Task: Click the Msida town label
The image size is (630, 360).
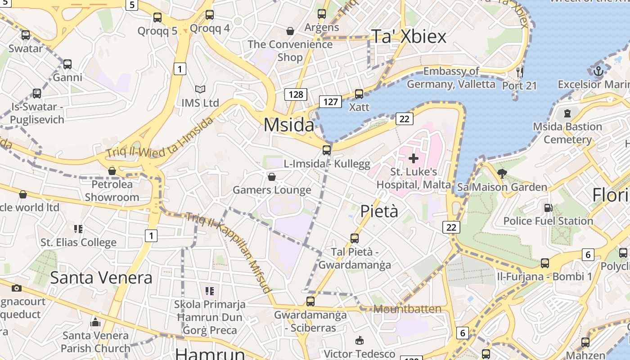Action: (x=288, y=125)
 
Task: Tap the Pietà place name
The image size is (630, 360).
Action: (x=379, y=211)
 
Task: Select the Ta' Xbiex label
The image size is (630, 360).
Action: (x=409, y=36)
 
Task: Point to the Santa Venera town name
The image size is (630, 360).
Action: (x=101, y=278)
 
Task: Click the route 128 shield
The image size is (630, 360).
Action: (x=296, y=94)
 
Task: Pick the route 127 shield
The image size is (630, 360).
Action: (x=330, y=102)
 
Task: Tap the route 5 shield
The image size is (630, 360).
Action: (x=131, y=5)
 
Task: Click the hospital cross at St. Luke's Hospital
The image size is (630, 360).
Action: (x=413, y=158)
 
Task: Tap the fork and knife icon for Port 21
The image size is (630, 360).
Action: (x=520, y=72)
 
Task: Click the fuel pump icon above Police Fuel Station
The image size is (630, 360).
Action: (x=548, y=208)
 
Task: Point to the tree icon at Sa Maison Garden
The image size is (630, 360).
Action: (x=502, y=173)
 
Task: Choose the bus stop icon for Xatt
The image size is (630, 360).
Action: (x=359, y=94)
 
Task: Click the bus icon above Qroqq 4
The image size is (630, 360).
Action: (x=210, y=15)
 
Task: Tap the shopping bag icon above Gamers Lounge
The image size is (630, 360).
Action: (x=271, y=177)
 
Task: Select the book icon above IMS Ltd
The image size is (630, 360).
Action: (x=200, y=90)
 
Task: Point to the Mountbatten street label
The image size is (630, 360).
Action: (x=407, y=309)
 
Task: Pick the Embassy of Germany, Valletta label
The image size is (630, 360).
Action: (x=451, y=77)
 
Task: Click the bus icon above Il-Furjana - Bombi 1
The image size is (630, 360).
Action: (x=545, y=263)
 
